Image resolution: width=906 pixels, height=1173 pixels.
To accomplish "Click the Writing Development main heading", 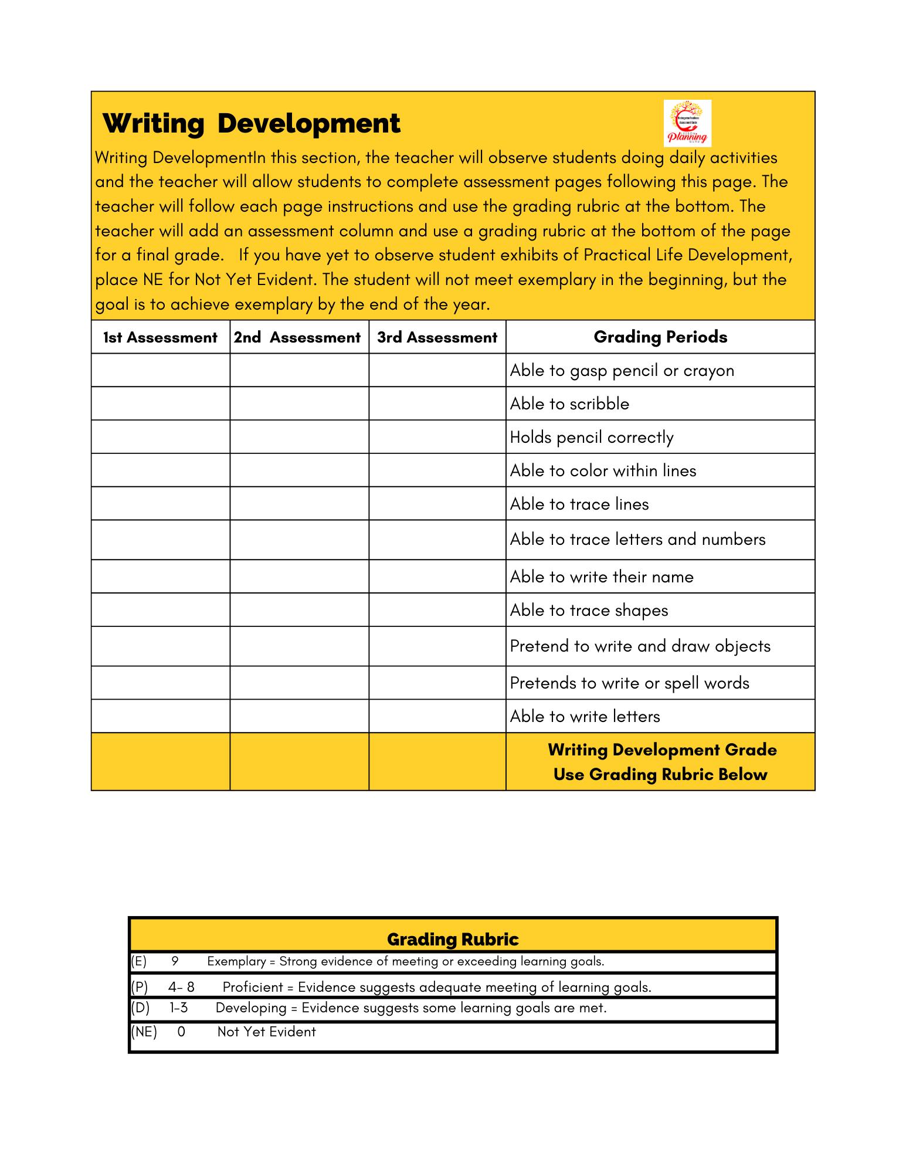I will (x=251, y=124).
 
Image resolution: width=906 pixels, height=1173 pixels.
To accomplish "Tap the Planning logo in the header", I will (x=687, y=123).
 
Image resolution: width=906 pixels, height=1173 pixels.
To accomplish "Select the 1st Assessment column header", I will (x=160, y=337).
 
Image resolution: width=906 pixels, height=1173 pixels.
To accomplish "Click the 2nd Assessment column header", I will (x=297, y=337).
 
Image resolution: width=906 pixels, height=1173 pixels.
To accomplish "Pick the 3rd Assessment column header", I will (x=437, y=337).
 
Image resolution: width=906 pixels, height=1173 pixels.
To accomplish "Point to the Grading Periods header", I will (x=660, y=337).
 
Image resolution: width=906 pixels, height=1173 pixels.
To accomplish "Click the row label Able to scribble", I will (x=569, y=404).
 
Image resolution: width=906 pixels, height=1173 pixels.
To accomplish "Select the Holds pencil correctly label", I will (x=592, y=437).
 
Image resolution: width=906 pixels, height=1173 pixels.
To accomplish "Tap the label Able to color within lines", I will (x=603, y=470).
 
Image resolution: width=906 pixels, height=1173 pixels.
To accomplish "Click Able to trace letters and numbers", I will (x=637, y=539).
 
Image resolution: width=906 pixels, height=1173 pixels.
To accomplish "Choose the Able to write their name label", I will (x=602, y=577).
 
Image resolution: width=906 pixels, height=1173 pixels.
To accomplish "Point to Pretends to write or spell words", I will (x=629, y=683).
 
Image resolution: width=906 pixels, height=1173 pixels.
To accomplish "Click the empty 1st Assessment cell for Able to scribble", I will (x=160, y=404).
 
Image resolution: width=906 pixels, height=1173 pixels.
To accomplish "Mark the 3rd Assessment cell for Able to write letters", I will (x=437, y=716).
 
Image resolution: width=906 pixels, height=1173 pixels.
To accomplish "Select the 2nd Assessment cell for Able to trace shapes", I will (x=299, y=610).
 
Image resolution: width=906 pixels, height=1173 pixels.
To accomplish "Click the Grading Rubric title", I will (x=453, y=940).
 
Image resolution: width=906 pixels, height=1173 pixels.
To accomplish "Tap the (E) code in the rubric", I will (x=139, y=961).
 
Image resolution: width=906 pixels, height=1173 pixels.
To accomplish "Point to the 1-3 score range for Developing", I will (x=179, y=1008).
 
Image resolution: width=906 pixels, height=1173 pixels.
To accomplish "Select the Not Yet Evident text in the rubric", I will (x=266, y=1032).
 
